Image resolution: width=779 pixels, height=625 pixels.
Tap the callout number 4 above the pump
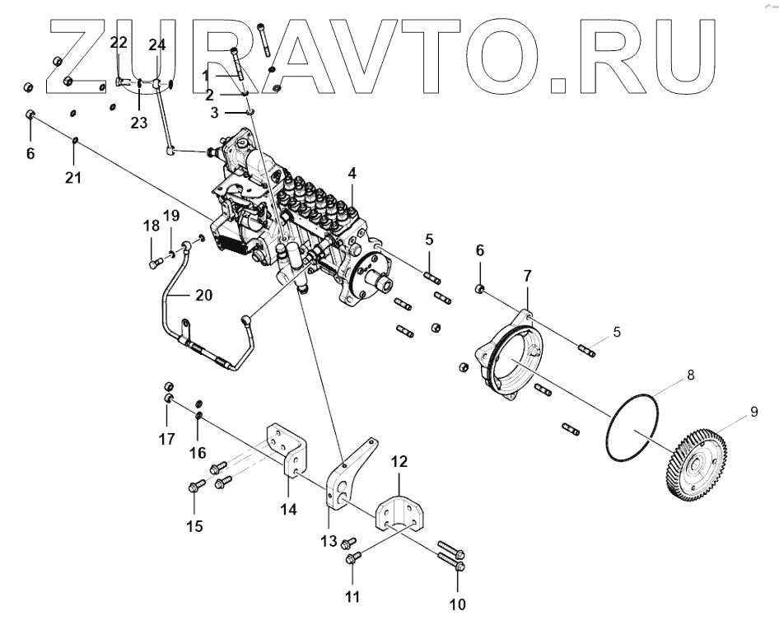(352, 174)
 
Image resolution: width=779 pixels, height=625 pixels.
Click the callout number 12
(398, 463)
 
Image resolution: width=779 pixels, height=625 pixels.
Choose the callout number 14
(287, 509)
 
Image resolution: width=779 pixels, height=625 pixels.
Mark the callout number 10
(457, 605)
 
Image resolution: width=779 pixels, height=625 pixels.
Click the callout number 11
(352, 595)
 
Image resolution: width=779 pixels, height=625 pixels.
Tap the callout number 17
(167, 440)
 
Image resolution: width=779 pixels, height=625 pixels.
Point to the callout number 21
(73, 177)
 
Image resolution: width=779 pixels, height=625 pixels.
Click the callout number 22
(119, 42)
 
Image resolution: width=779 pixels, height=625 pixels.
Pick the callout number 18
(151, 226)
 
